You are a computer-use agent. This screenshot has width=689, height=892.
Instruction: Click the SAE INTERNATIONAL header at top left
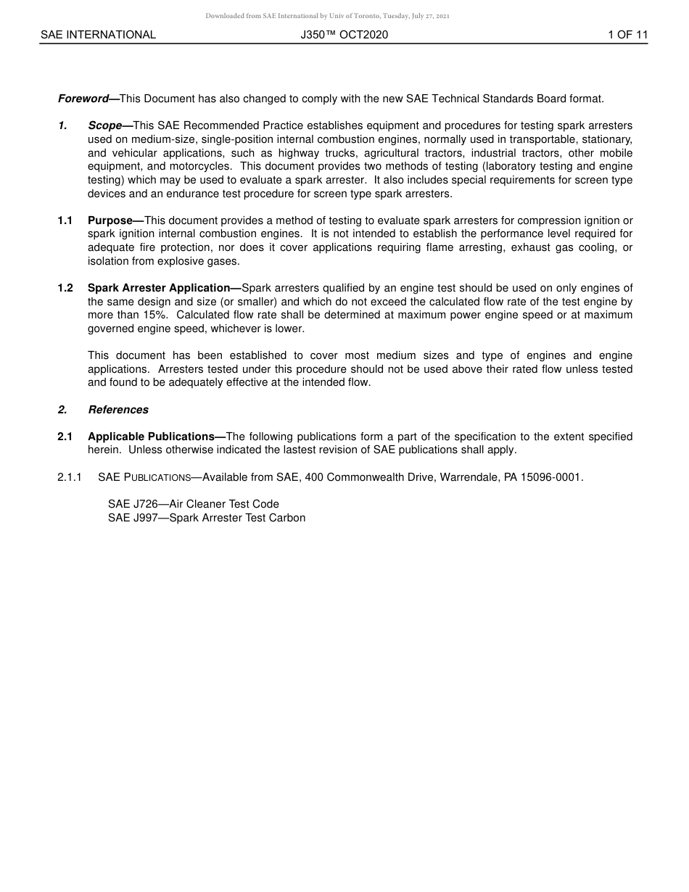98,35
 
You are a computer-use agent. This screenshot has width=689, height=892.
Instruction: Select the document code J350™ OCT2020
344,35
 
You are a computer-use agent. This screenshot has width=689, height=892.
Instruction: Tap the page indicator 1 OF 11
627,35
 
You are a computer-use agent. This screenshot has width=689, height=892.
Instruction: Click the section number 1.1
65,220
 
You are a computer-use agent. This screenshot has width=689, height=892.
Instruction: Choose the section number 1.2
65,288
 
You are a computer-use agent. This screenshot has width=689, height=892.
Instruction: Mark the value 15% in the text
154,315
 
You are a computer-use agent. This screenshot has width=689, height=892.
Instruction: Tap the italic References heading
118,410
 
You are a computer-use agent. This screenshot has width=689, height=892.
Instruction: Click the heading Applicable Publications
155,437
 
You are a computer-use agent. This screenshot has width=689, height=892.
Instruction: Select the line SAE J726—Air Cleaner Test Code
194,504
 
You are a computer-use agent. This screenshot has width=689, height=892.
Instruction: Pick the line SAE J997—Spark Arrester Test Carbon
207,518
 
